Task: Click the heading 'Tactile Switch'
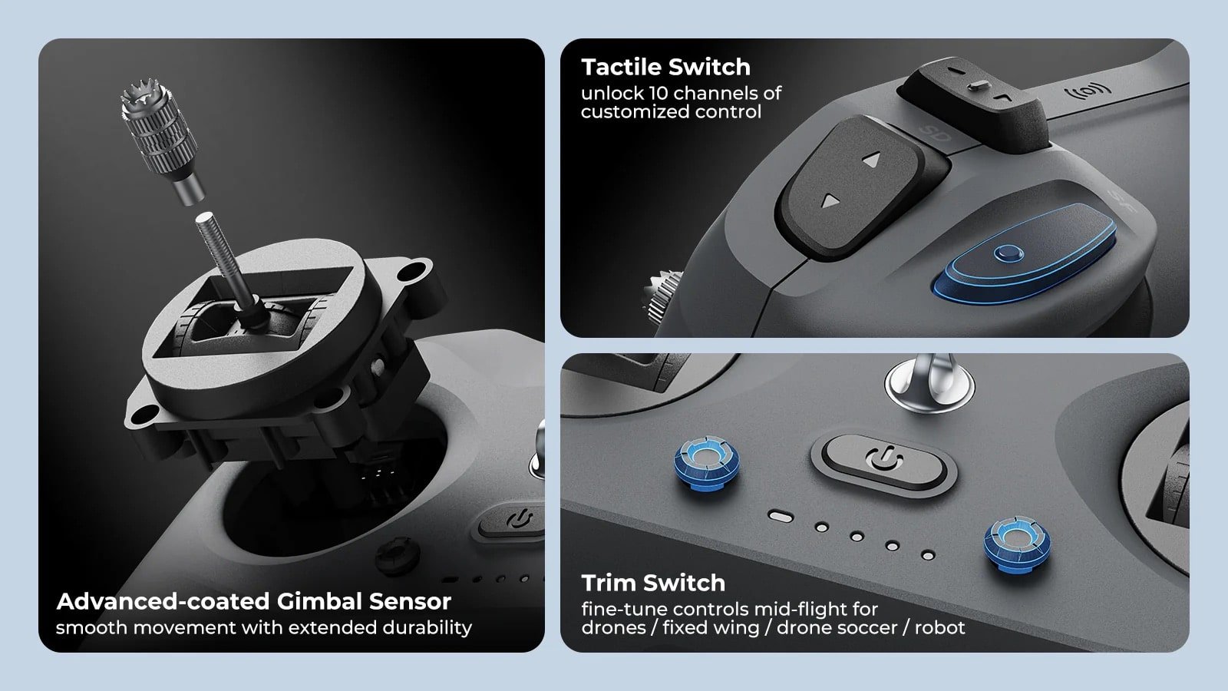pyautogui.click(x=665, y=68)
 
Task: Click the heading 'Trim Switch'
pyautogui.click(x=652, y=584)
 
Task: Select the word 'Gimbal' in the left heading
pyautogui.click(x=319, y=601)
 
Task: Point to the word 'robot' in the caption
pyautogui.click(x=939, y=628)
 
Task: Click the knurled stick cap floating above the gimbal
pyautogui.click(x=158, y=138)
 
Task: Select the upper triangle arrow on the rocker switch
pyautogui.click(x=871, y=161)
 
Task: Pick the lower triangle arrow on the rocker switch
pyautogui.click(x=830, y=202)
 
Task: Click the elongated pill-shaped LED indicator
pyautogui.click(x=781, y=516)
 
